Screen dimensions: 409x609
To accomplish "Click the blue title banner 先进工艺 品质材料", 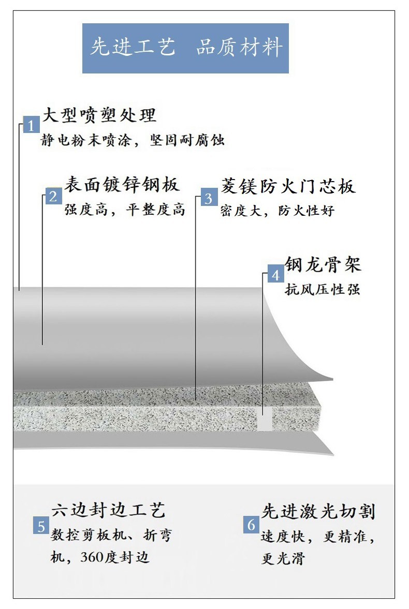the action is point(185,48).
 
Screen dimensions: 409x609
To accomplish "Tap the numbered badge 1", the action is point(31,125).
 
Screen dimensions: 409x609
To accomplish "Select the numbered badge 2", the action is point(53,196).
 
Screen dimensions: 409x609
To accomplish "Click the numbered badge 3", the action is point(209,198).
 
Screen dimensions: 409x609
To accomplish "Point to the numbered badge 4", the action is point(275,275).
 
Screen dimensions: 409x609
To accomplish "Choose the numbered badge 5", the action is point(41,526).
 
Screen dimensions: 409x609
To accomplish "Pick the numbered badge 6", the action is point(251,525).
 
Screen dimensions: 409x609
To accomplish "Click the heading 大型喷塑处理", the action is point(99,115).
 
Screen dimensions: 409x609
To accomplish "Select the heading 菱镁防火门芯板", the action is point(288,186).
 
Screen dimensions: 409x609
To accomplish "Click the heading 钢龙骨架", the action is point(323,264).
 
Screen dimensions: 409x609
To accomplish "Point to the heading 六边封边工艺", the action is point(108,510).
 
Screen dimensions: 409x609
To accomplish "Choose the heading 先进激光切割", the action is point(318,512).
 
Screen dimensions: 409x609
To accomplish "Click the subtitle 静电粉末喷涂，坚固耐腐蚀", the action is point(133,140).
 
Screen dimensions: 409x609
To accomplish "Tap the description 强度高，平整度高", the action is point(125,210).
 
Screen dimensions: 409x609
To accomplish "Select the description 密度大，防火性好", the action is point(277,211).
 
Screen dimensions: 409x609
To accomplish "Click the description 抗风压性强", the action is point(323,289).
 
